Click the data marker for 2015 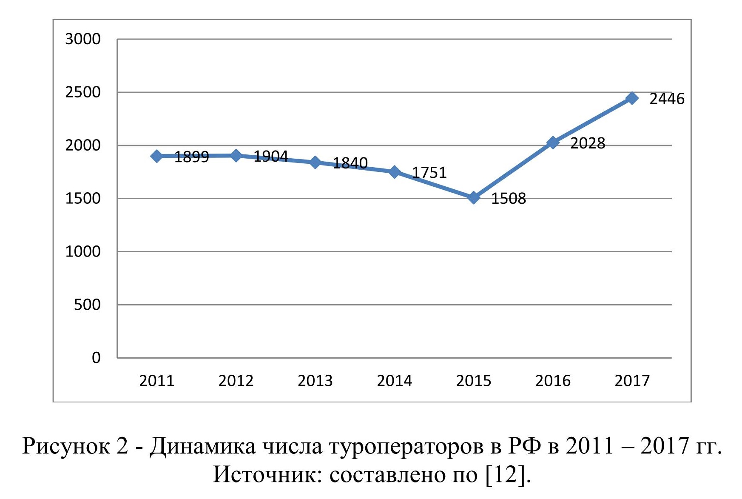(x=474, y=197)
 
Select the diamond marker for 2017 (x=632, y=98)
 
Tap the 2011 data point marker (x=157, y=156)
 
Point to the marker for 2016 (x=553, y=143)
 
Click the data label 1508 (x=509, y=199)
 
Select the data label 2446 (x=667, y=99)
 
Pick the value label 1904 (x=271, y=157)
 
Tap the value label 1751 (x=429, y=173)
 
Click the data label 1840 (x=350, y=163)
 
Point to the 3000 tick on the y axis (x=83, y=39)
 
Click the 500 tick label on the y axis (x=87, y=305)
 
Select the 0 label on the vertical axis (x=96, y=358)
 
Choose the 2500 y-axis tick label (x=83, y=92)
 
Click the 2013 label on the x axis (x=315, y=381)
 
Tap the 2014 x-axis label (x=394, y=381)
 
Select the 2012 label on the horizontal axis (x=236, y=381)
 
